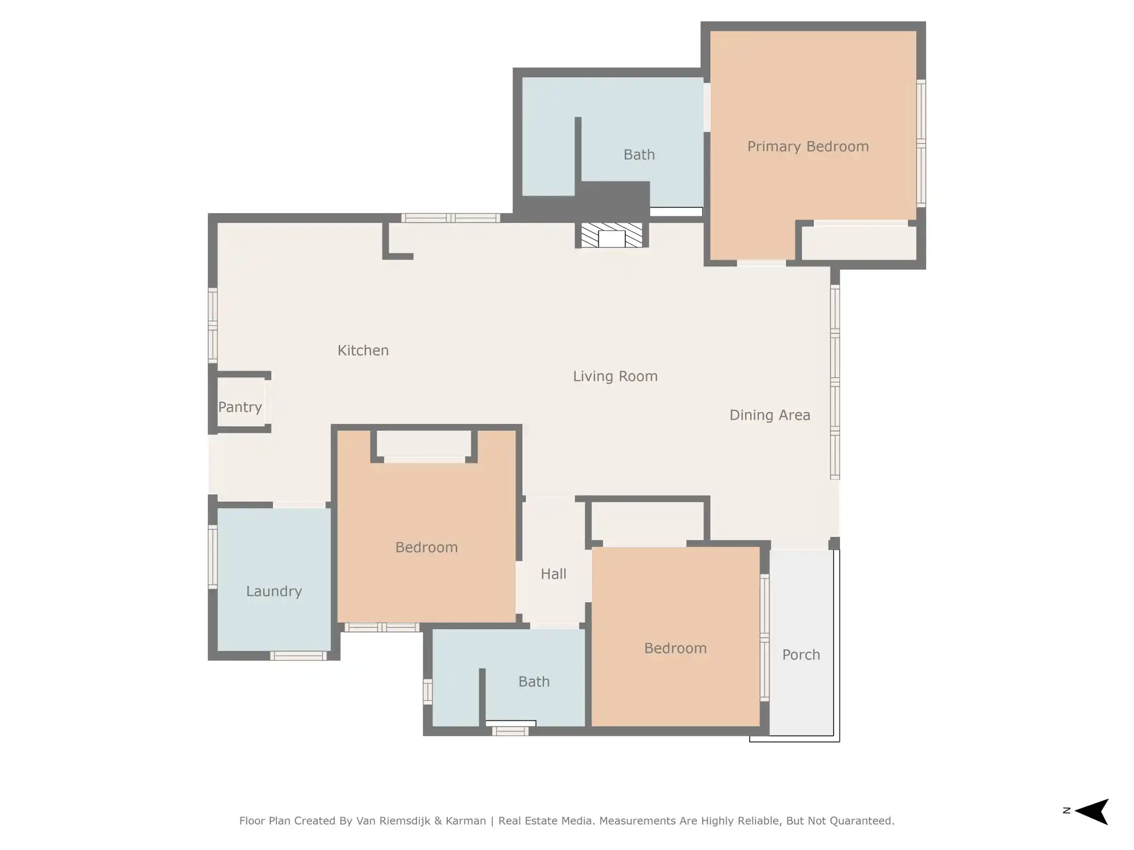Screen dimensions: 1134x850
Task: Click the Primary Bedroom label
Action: coord(808,147)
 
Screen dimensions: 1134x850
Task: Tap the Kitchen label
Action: coord(363,351)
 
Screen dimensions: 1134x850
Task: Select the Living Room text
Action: coord(615,377)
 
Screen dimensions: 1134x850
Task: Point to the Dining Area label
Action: coord(770,416)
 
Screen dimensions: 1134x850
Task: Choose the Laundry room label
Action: coord(274,591)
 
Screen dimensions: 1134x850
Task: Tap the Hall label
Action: coord(553,574)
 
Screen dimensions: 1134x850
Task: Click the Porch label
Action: coord(801,655)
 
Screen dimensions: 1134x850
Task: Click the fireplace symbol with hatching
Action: coord(611,235)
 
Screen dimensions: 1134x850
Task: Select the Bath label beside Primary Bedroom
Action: coord(639,155)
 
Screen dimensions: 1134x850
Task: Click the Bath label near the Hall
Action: coord(534,682)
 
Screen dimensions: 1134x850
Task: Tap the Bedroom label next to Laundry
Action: coord(426,548)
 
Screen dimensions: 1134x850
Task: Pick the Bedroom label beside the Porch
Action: coord(675,649)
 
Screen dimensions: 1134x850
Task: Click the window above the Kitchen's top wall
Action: coord(451,218)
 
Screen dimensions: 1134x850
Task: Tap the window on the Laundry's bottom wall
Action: coord(298,656)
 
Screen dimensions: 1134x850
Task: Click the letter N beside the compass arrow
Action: coord(1067,810)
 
